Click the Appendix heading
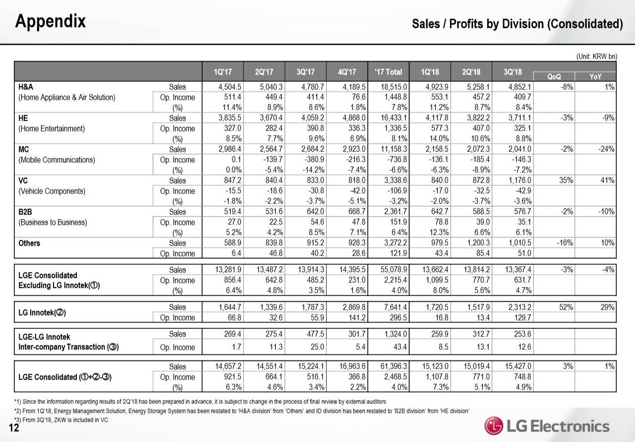[51, 21]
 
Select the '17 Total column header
[389, 71]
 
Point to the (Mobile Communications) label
[57, 160]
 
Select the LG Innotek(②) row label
[43, 312]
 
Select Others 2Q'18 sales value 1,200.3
[476, 243]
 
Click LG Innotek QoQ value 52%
[566, 307]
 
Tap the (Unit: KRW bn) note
[596, 56]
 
